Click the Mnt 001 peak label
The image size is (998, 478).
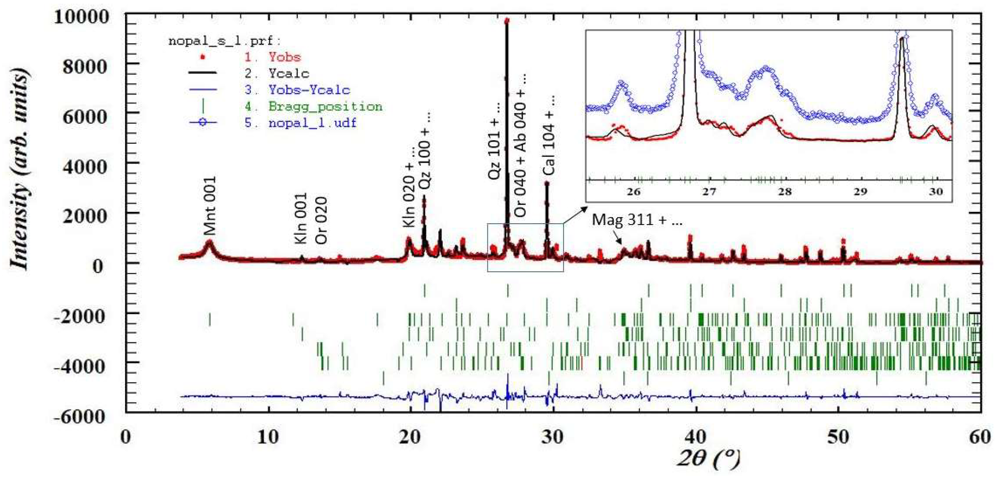210,206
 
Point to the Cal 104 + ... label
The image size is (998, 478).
549,135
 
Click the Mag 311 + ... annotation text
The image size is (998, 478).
637,220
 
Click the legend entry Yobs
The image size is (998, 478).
285,57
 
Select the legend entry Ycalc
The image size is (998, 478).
289,73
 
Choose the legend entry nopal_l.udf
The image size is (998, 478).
312,123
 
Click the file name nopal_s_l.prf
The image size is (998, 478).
225,40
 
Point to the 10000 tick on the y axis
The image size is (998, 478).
81,17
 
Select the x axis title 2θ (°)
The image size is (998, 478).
707,459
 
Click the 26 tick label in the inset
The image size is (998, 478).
634,192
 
